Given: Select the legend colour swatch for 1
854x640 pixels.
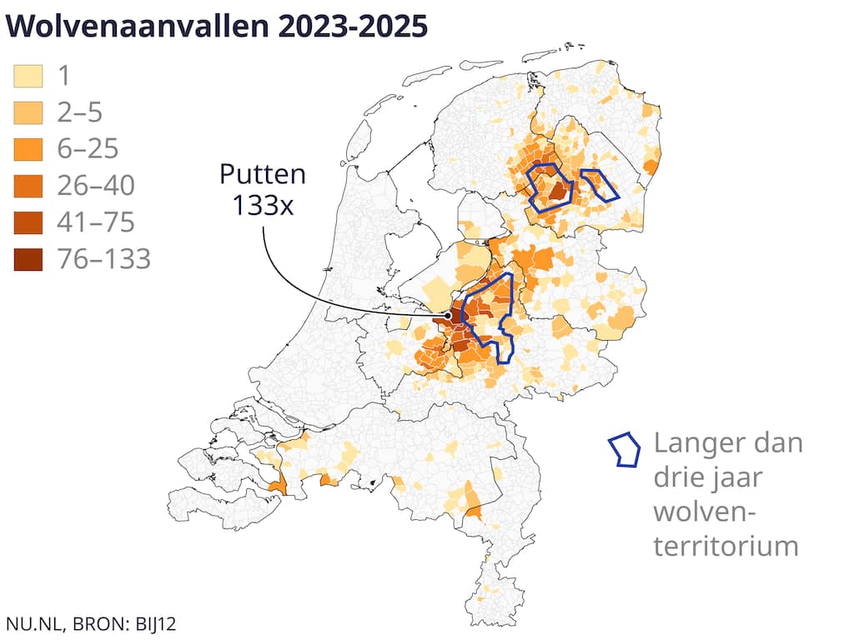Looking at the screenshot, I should (x=28, y=77).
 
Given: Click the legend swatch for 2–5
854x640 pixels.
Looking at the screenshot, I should (x=28, y=113).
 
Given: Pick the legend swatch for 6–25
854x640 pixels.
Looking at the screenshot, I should (x=28, y=150).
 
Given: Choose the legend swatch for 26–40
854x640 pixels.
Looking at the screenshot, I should (x=28, y=187).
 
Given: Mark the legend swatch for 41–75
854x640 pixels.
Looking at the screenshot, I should (x=28, y=223).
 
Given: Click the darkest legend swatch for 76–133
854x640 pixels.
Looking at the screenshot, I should (x=28, y=259).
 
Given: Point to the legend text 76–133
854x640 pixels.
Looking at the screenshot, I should (x=103, y=259).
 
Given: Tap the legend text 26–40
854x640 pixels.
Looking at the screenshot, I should (x=96, y=187).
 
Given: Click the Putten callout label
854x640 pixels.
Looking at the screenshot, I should (x=262, y=175).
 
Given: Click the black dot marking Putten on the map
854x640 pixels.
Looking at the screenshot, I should (x=448, y=317).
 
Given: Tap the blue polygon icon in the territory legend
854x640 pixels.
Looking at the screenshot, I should (x=625, y=450).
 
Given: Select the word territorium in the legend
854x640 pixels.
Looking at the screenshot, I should (x=726, y=546).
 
